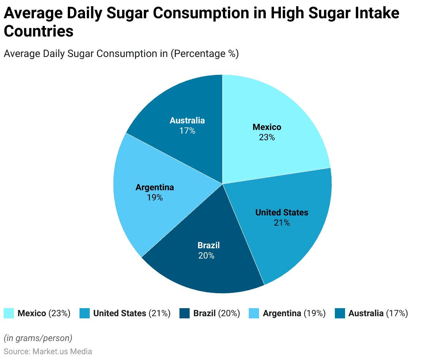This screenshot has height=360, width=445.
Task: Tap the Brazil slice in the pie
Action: point(204,270)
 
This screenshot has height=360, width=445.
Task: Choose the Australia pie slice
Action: point(182,102)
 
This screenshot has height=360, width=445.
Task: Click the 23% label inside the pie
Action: point(267,138)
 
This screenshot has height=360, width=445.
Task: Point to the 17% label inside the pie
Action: point(187,131)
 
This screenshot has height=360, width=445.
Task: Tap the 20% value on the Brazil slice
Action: point(206,256)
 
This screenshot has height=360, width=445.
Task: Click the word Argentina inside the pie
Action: point(155,187)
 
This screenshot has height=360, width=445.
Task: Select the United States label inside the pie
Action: point(282,212)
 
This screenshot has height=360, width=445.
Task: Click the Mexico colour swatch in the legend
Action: point(9,313)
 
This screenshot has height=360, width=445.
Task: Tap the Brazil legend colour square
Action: point(185,313)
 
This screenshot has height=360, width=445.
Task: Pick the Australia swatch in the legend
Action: point(340,313)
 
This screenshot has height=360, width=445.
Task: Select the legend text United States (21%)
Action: point(132,313)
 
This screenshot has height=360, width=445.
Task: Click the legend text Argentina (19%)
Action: point(294,313)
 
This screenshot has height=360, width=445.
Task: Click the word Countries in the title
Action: point(39,31)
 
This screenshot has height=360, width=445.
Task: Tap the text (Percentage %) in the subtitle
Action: point(205,54)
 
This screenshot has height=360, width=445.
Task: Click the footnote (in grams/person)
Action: point(38,338)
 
